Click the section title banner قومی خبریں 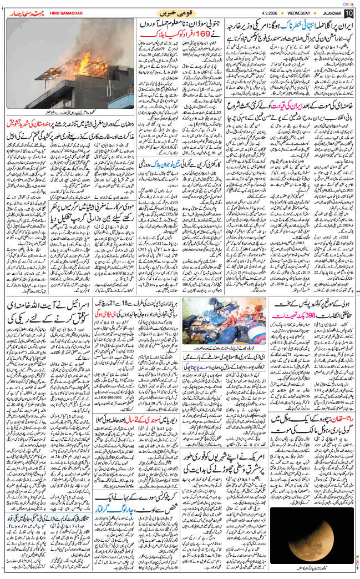[x=180, y=12]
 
